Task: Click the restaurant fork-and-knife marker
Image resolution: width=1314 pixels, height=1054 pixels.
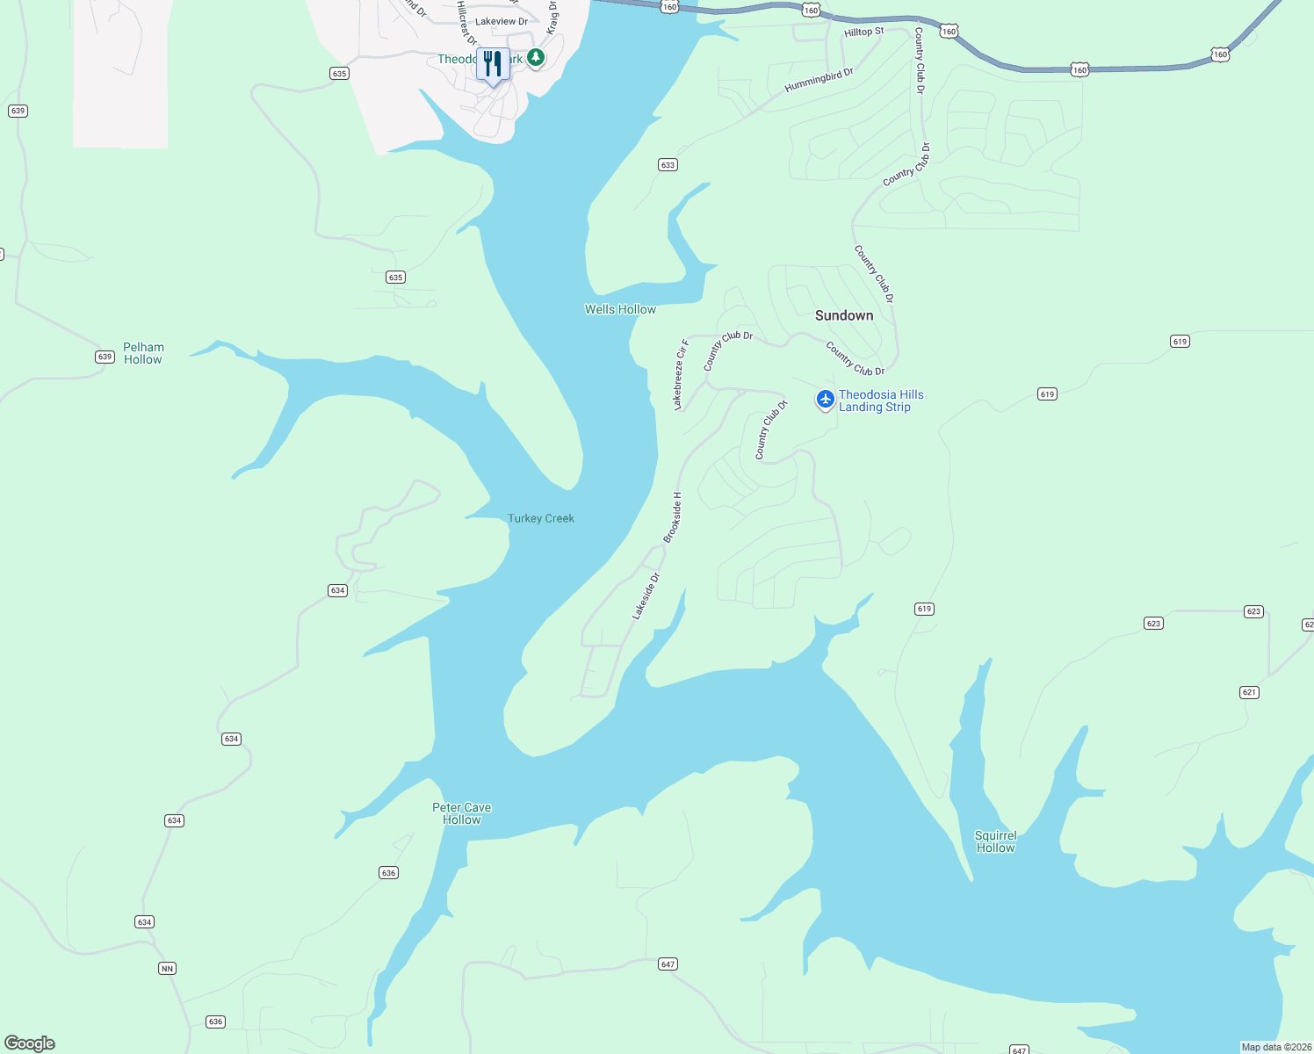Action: (x=493, y=64)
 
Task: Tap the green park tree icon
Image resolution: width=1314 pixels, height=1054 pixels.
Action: (x=535, y=59)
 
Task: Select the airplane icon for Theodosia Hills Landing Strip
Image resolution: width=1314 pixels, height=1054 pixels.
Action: (x=825, y=400)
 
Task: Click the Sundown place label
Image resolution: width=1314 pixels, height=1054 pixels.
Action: (x=844, y=315)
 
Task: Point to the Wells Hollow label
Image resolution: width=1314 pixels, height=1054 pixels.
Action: (x=620, y=309)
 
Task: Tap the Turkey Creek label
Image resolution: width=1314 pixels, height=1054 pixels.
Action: (x=541, y=518)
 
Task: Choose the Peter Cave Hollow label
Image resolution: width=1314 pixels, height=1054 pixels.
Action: (x=462, y=813)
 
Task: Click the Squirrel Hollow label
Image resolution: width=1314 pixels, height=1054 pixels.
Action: (x=995, y=841)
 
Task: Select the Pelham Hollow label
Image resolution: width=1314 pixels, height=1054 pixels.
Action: (x=143, y=353)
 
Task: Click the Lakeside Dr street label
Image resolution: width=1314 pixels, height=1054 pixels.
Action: (x=646, y=596)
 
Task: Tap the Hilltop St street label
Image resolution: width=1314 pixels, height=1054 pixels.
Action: (x=863, y=32)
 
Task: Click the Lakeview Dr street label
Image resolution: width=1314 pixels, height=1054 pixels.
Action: (x=502, y=21)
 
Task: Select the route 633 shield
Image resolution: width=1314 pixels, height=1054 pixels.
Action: (x=668, y=165)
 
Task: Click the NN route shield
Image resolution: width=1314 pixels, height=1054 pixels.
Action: (x=167, y=969)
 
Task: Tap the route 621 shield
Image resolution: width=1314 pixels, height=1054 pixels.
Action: (x=1250, y=692)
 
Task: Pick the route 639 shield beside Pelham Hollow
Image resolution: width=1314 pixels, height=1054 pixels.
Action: (x=105, y=357)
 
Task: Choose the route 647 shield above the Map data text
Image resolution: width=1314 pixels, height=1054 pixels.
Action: (x=1019, y=1050)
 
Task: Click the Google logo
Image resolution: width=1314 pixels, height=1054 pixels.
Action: (x=30, y=1043)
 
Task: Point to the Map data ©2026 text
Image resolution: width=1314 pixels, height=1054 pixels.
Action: (x=1275, y=1047)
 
